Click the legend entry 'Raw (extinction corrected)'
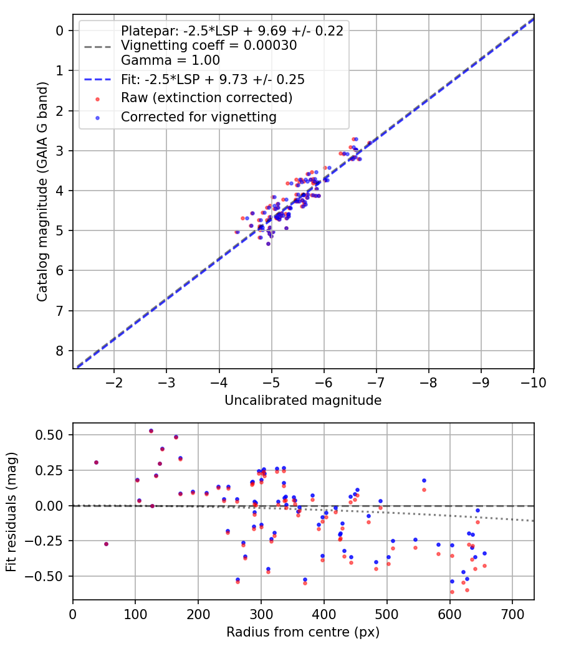[206, 98]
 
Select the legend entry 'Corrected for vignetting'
[198, 116]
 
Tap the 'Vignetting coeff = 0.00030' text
[209, 45]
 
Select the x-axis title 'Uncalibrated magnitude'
[303, 400]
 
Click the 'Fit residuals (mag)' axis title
[12, 511]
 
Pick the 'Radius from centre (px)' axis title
[303, 632]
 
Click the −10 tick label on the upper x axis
[533, 382]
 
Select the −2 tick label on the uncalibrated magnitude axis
[114, 382]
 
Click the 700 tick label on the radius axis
[512, 614]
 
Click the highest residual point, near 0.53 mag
[151, 431]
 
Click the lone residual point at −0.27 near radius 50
[106, 544]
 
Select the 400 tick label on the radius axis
[324, 614]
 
